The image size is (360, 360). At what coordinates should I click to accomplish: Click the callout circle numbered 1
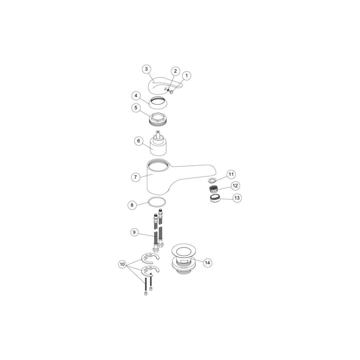[187, 76]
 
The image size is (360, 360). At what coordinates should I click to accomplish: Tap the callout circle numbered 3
[147, 69]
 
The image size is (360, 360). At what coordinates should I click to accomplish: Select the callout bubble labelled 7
[135, 177]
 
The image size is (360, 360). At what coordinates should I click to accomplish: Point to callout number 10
[122, 264]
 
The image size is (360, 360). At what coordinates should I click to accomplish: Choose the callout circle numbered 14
[207, 263]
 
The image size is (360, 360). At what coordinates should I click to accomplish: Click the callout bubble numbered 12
[235, 186]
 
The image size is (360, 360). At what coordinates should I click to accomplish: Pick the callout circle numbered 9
[134, 232]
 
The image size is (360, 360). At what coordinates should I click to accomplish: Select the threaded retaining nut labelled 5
[158, 119]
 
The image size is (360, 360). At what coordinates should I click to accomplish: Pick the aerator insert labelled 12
[213, 189]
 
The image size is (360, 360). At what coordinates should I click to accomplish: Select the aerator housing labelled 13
[215, 198]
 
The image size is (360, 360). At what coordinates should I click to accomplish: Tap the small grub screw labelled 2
[168, 90]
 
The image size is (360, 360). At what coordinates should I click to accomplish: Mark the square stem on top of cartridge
[158, 135]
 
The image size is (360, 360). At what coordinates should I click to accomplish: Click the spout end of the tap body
[211, 170]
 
